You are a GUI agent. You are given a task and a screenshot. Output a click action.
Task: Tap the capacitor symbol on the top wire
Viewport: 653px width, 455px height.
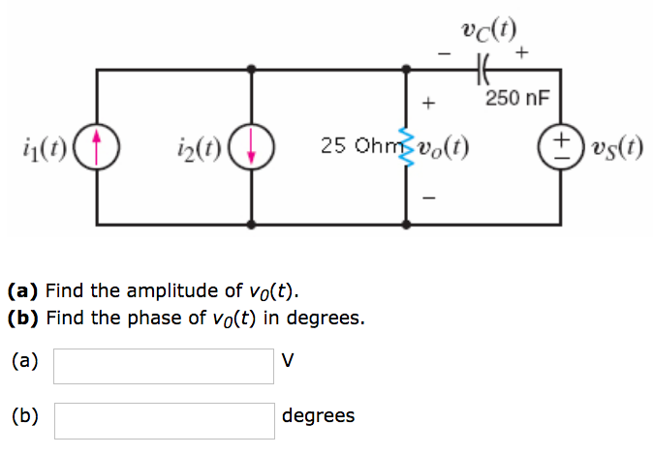(483, 68)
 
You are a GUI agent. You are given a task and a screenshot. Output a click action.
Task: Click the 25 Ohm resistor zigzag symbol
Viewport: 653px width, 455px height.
(407, 148)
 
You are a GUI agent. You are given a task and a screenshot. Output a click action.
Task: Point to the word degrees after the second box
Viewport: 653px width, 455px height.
(318, 416)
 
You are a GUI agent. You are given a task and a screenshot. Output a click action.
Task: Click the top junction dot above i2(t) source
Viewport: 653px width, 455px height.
(252, 70)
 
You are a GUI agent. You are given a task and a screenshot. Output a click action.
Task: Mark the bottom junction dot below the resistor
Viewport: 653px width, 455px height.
(407, 225)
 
